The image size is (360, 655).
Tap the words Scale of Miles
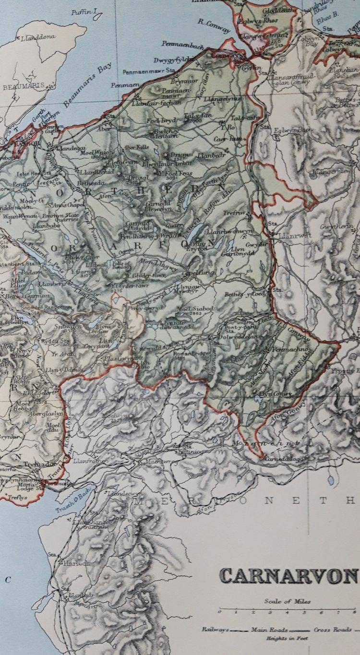(287, 601)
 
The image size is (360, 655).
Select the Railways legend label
(215, 630)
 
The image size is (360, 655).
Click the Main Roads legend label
(269, 630)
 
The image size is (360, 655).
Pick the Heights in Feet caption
(287, 638)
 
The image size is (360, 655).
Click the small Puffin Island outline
(97, 16)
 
